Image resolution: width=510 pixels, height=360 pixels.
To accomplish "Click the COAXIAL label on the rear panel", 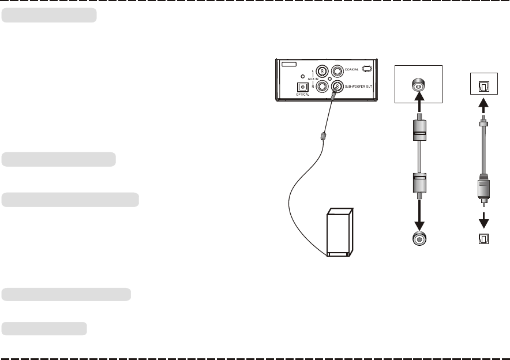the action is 352,70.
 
